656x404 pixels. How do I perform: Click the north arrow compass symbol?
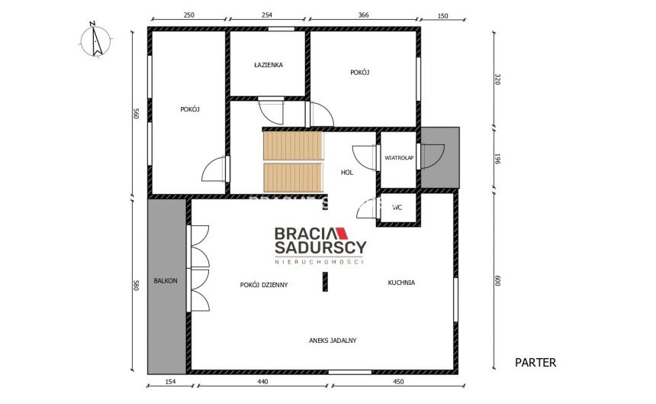tap(95, 39)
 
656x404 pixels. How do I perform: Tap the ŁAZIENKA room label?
tap(269, 65)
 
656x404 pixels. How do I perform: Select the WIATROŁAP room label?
tap(399, 157)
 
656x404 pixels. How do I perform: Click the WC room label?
tap(397, 207)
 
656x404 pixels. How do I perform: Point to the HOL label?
tap(347, 173)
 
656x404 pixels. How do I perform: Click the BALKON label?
tap(166, 281)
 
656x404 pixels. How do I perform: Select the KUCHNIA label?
tap(400, 283)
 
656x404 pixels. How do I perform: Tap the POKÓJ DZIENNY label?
tap(263, 284)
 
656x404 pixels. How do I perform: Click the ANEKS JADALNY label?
tap(333, 341)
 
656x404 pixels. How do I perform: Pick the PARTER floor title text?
tap(535, 363)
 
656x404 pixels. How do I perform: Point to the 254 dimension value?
tap(266, 15)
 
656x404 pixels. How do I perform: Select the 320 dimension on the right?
tap(497, 79)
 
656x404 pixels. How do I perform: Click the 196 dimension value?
tap(497, 159)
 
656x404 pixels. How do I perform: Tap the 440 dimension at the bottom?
tap(262, 382)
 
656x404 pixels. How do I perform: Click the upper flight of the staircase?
tap(293, 145)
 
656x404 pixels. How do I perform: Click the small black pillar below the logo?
tap(323, 283)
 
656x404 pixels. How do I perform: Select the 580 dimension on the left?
tap(136, 285)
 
